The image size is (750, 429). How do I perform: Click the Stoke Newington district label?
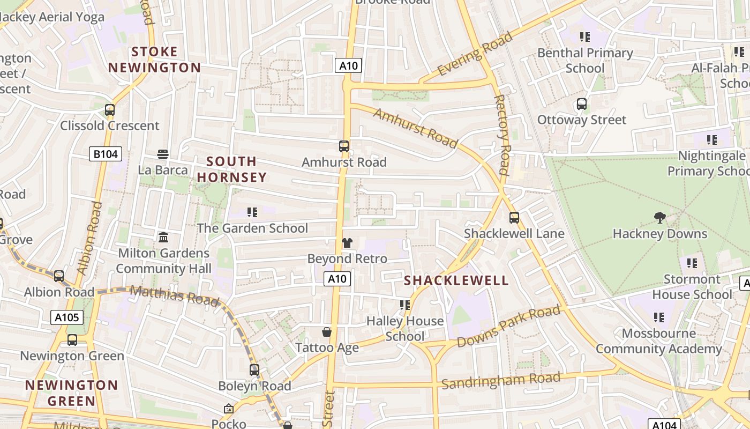point(154,60)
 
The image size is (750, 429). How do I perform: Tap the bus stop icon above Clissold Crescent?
point(110,110)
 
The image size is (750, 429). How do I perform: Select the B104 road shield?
point(106,154)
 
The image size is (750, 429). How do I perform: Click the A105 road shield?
point(67,317)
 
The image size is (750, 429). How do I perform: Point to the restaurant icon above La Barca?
point(163,154)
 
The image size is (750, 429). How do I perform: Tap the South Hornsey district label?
point(231,169)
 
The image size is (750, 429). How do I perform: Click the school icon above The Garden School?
point(252,212)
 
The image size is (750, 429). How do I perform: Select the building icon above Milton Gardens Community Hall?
point(163,237)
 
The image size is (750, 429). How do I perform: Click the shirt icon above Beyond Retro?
point(347,243)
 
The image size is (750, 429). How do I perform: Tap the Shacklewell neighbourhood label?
point(456,280)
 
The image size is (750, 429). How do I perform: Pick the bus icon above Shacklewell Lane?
point(514,218)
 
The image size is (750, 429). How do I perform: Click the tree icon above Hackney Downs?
point(660,218)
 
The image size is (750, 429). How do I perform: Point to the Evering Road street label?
point(475,54)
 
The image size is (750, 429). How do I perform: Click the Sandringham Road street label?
point(501,380)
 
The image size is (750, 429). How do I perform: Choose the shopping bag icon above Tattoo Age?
point(327,332)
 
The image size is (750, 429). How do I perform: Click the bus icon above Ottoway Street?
point(582,104)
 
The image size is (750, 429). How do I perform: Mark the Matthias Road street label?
point(175,295)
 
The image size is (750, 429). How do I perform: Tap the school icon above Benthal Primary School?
point(585,37)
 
